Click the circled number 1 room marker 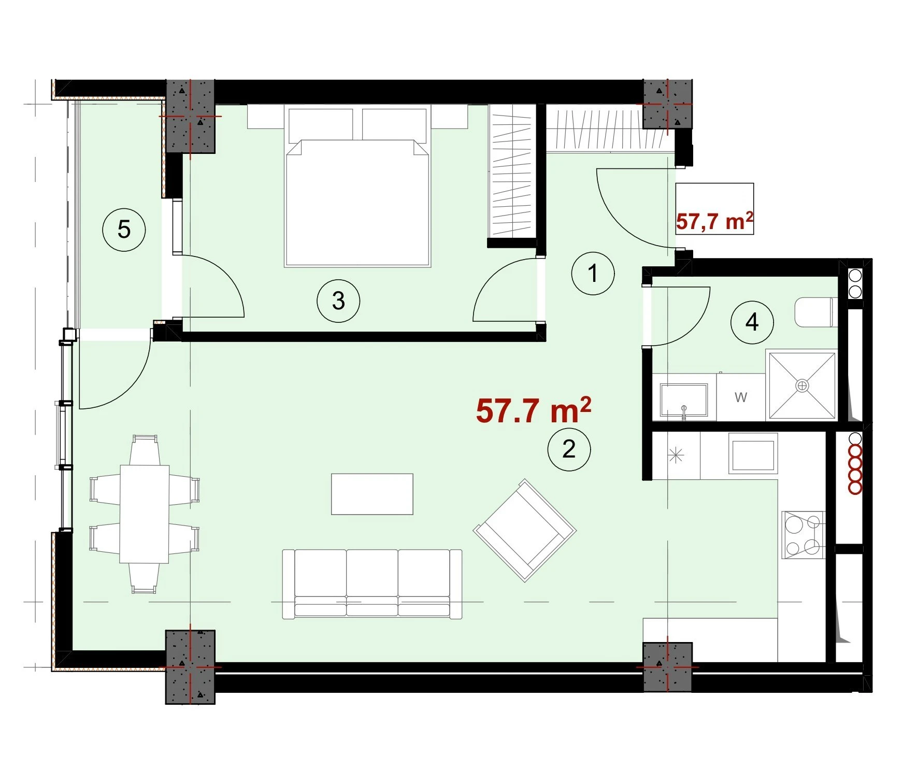tap(593, 273)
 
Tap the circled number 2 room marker tap(569, 449)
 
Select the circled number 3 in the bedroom tap(338, 301)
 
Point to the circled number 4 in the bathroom tap(752, 322)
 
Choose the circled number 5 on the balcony tap(124, 229)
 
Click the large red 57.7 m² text tap(533, 410)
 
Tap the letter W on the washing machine tap(741, 397)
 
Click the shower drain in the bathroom tap(803, 386)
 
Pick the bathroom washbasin tap(684, 400)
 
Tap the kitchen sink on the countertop tap(753, 453)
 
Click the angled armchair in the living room tap(524, 530)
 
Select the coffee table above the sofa tap(372, 494)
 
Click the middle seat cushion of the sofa tap(372, 583)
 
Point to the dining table tap(145, 514)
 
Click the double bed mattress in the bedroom tap(357, 203)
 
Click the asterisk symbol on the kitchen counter tap(677, 455)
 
